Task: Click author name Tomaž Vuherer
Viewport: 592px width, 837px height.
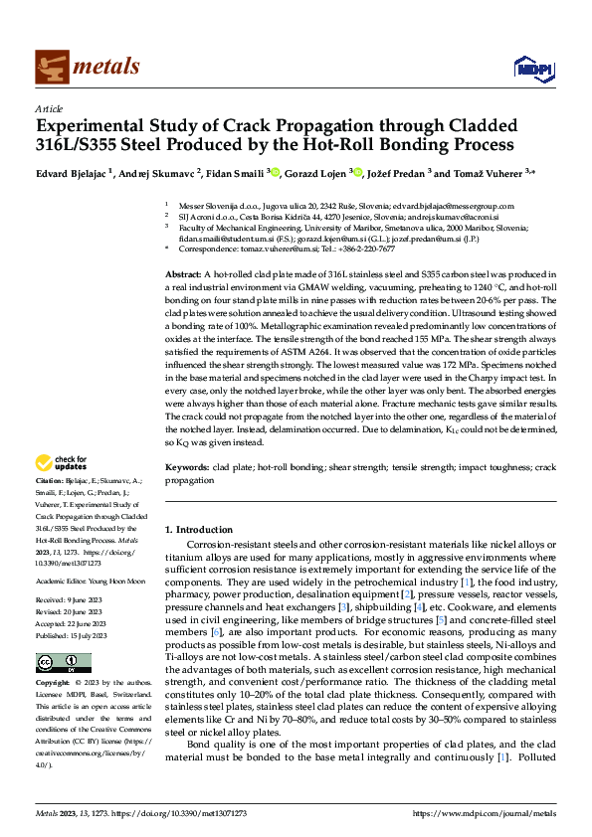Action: pyautogui.click(x=496, y=172)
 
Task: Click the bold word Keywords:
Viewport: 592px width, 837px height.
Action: pyautogui.click(x=187, y=466)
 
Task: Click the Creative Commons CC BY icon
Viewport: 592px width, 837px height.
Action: pyautogui.click(x=57, y=662)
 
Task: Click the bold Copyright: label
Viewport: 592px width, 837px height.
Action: pyautogui.click(x=54, y=685)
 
